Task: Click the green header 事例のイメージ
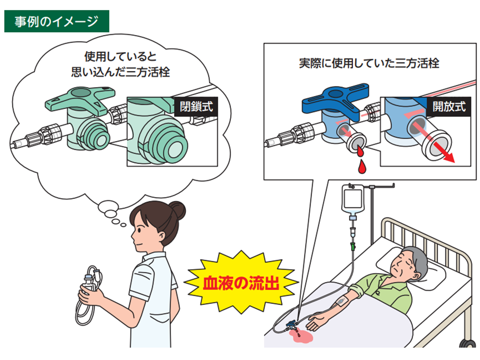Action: click(56, 21)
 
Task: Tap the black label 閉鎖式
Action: click(196, 106)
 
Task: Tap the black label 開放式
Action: click(449, 106)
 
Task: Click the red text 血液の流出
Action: click(241, 283)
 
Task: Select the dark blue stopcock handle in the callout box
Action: click(335, 99)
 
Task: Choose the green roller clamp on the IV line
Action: click(352, 246)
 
